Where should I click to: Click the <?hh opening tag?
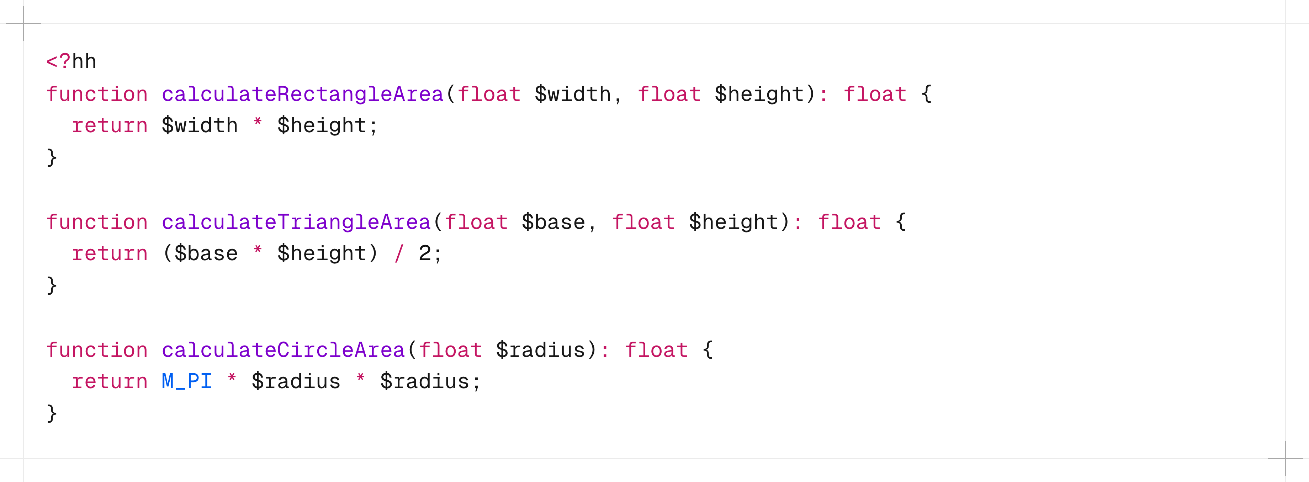71,62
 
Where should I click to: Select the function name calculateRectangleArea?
302,95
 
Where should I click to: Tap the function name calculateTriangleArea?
296,223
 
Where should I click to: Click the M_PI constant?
186,381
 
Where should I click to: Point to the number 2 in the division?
424,253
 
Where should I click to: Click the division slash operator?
399,253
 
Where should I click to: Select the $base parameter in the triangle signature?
553,223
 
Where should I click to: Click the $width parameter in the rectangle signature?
573,95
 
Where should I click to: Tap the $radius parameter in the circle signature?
541,350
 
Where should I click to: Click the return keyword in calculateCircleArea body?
110,381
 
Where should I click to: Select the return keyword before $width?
110,126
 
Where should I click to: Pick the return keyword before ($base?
110,253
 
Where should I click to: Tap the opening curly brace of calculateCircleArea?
708,350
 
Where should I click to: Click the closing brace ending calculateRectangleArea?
51,157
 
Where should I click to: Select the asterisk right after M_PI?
232,379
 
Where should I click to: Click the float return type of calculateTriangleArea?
849,223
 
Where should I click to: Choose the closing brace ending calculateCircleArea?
51,413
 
